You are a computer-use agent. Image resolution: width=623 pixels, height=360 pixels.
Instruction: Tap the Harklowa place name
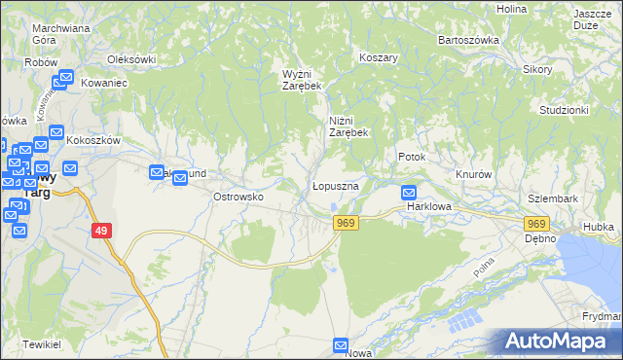coord(431,207)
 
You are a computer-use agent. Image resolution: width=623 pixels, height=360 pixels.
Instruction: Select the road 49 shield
coord(101,230)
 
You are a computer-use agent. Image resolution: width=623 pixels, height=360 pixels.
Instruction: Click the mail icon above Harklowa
coord(409,193)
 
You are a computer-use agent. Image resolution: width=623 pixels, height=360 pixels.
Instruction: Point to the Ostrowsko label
coord(239,197)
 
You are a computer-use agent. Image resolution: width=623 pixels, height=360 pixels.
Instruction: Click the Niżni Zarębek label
coord(347,126)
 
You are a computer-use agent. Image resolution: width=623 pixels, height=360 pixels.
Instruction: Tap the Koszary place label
coord(379,57)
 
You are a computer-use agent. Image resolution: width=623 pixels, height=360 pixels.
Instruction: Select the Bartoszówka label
coord(468,40)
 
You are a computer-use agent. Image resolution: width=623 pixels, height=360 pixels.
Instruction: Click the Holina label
coord(511,9)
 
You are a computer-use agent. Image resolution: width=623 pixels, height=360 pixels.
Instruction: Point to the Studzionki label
coord(564,110)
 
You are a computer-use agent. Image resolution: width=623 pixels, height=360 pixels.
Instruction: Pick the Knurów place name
coord(475,174)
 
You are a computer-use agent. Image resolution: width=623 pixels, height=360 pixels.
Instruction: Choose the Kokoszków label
coord(92,140)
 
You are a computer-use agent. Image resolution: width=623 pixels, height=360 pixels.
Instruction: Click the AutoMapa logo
coord(558,342)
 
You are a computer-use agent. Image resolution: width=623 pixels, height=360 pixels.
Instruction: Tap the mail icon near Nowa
coord(341,344)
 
